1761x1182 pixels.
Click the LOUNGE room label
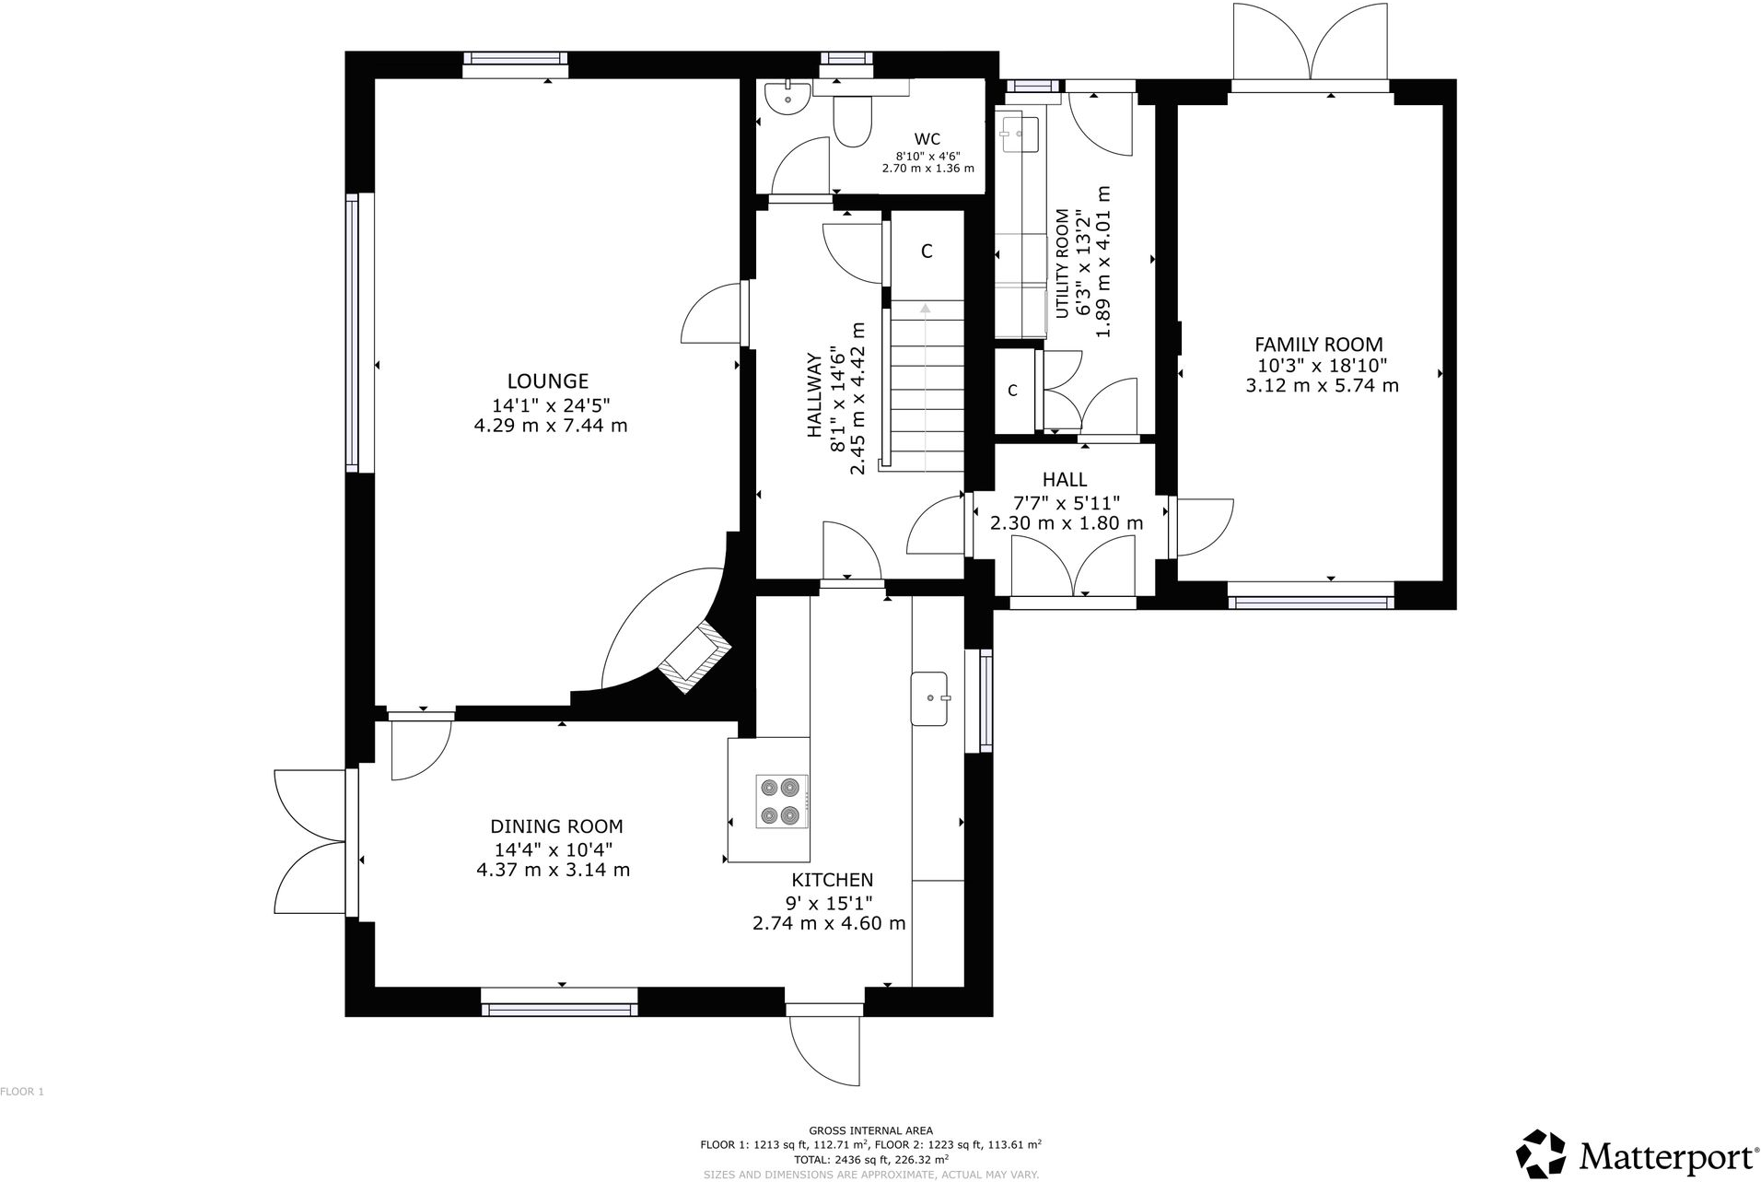pos(547,380)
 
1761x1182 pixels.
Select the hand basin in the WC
pos(787,97)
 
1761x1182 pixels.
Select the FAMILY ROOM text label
pos(1318,345)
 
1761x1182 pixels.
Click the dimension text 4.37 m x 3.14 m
pos(553,870)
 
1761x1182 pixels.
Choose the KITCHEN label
pos(832,880)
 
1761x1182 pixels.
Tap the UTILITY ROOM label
pos(1062,263)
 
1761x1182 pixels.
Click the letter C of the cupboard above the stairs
pos(927,252)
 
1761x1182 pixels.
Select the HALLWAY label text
pos(814,394)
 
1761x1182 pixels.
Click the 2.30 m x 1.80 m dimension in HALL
pos(1066,523)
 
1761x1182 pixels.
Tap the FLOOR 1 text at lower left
pos(22,1092)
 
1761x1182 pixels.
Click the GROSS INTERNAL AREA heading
pos(870,1130)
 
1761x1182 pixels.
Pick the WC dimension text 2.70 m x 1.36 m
pos(927,169)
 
